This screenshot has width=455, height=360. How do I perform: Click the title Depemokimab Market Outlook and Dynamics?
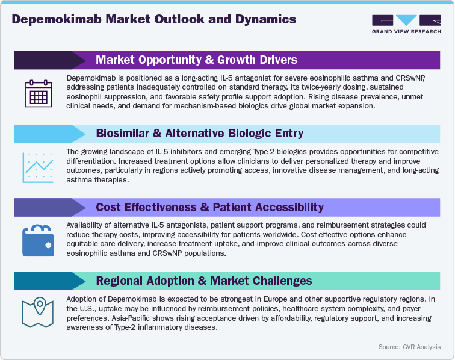[x=153, y=19]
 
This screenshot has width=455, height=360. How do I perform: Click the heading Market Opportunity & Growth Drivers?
[x=196, y=60]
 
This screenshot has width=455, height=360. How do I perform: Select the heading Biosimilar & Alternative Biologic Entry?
[x=199, y=134]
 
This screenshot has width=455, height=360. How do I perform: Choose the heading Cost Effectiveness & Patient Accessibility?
[x=209, y=207]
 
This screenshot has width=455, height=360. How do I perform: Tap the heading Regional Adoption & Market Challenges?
[x=203, y=281]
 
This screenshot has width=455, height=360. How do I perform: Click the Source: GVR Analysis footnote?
[x=409, y=347]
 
